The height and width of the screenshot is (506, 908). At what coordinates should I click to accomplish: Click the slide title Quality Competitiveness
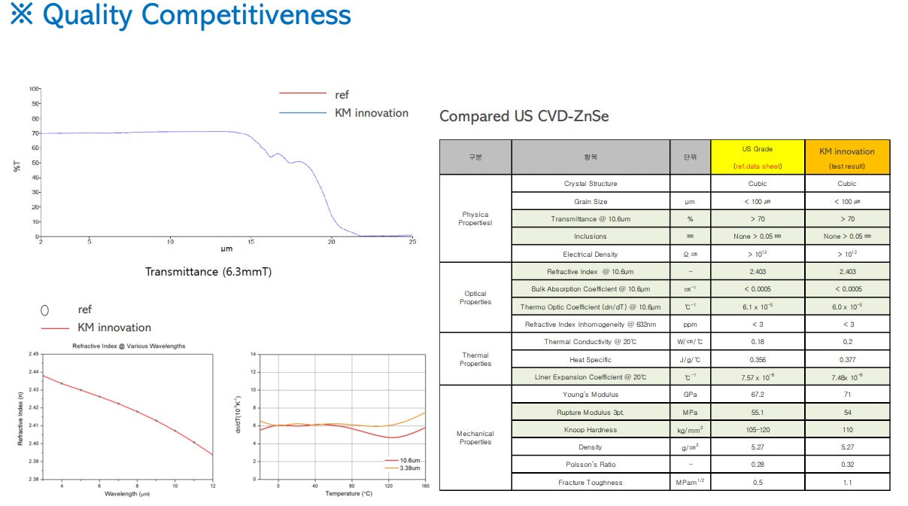coord(181,16)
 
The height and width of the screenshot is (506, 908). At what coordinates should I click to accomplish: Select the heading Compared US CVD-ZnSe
coord(524,116)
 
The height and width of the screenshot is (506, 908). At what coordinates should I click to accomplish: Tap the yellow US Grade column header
coord(757,157)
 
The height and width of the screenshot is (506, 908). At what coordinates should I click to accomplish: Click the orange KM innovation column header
coord(846,157)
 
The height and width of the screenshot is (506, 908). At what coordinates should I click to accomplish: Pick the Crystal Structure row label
coord(590,184)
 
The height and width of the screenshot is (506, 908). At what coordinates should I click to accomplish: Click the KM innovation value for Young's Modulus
coord(846,395)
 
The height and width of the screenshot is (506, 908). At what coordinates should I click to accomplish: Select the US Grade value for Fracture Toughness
coord(757,483)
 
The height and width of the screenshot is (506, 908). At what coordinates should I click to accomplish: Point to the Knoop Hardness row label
coord(590,430)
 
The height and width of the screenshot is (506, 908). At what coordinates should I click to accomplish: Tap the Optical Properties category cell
coord(475,297)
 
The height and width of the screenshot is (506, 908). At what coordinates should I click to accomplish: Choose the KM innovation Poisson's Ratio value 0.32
coord(846,465)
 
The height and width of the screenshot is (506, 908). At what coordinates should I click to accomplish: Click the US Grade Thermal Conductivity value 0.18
coord(757,342)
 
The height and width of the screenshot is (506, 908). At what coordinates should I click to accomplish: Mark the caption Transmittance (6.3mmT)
coord(208,272)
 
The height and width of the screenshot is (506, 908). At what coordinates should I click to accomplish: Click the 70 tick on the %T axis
coord(35,133)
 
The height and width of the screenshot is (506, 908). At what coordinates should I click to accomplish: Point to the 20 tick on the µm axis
coord(332,242)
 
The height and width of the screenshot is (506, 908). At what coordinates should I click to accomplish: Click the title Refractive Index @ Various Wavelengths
coord(129,346)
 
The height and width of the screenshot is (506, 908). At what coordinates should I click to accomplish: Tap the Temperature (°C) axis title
coord(349,493)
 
